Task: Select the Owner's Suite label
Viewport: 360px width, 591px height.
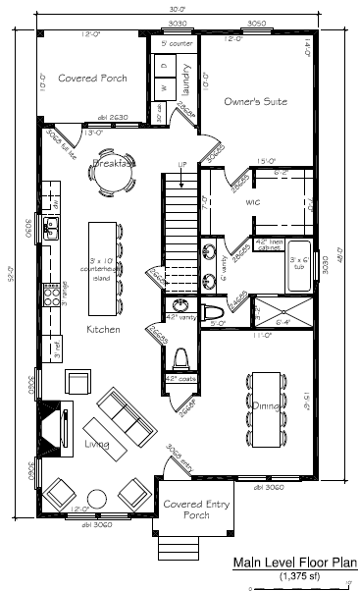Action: (255, 101)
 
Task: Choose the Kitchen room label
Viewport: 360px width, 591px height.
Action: (103, 329)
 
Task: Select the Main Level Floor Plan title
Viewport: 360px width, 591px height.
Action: (294, 563)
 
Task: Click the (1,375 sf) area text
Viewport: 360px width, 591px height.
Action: (294, 575)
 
